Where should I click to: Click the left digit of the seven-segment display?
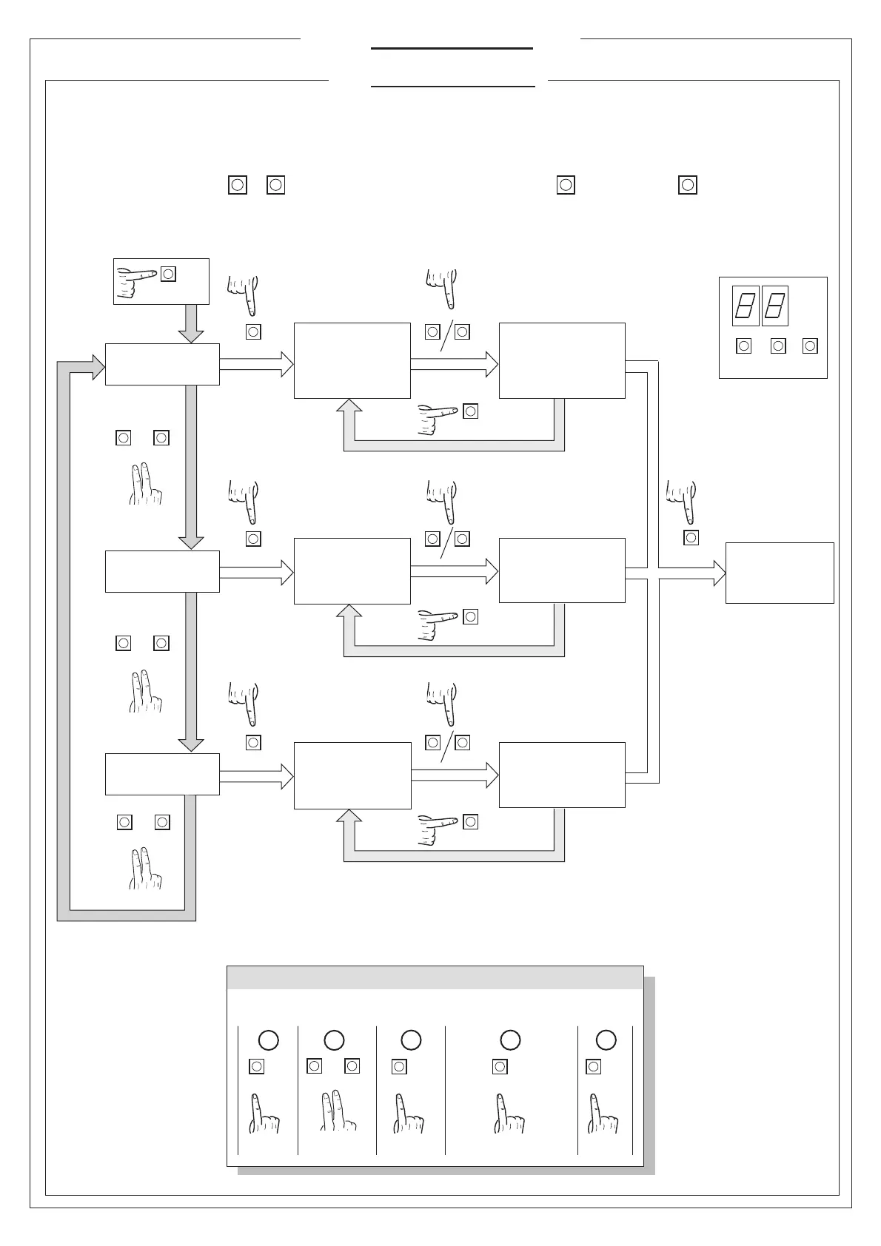point(745,306)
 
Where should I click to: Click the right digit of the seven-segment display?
point(774,306)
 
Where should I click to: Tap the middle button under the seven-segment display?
point(778,346)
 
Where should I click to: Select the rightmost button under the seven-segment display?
point(811,346)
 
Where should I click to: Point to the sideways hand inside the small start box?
point(136,281)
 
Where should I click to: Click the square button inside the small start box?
point(169,274)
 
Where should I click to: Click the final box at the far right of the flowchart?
point(780,573)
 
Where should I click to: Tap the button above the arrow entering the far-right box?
point(691,538)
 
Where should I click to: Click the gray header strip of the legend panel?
point(435,977)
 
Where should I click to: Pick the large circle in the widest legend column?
point(510,1040)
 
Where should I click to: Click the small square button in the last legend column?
point(593,1066)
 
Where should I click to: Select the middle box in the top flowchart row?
point(352,360)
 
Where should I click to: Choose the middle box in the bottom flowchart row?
point(352,775)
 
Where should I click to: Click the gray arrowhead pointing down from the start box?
point(191,334)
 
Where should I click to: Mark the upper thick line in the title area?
point(452,49)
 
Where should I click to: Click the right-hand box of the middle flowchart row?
point(562,570)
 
